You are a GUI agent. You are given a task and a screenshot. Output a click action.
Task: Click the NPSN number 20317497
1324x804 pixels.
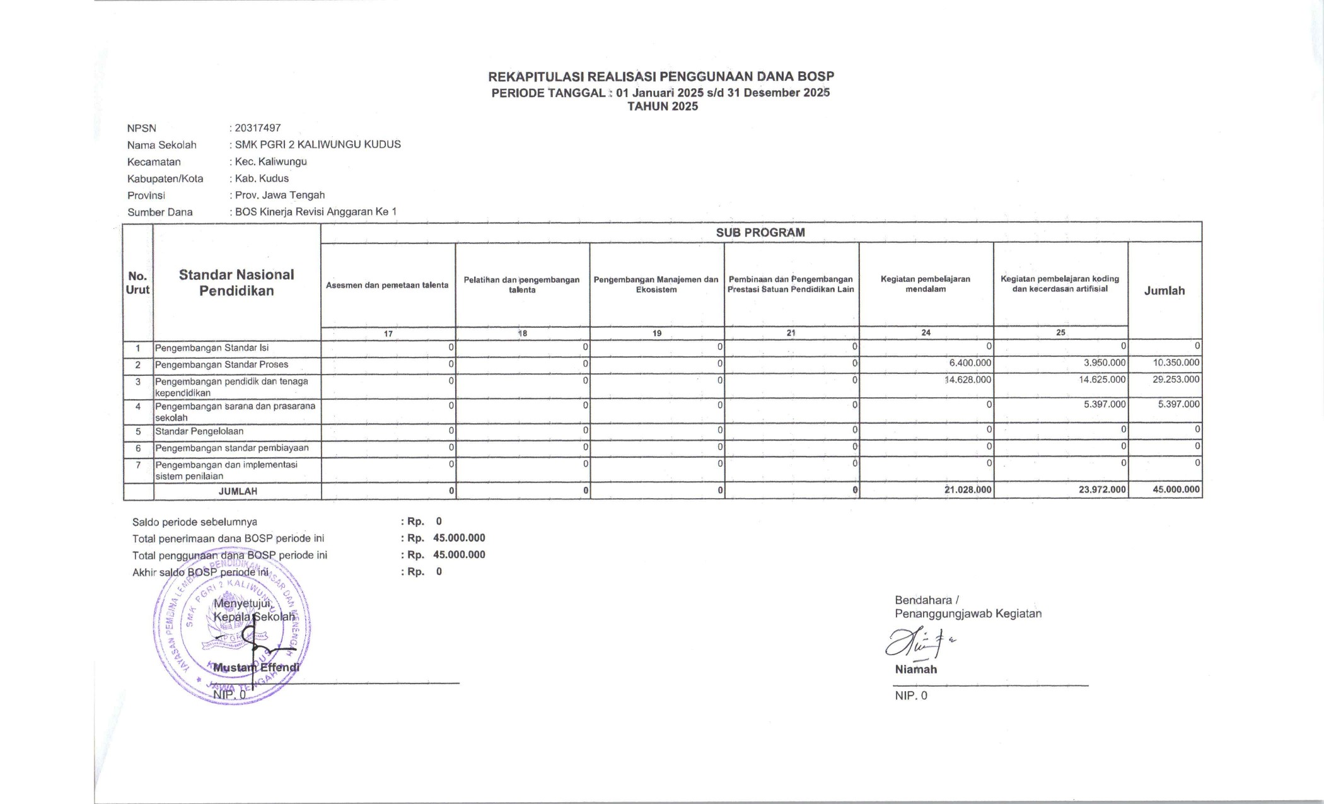pyautogui.click(x=257, y=128)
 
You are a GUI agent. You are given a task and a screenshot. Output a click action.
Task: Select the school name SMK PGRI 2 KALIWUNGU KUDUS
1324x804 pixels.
pyautogui.click(x=318, y=144)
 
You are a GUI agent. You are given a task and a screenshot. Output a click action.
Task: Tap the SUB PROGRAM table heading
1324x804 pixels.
pyautogui.click(x=760, y=232)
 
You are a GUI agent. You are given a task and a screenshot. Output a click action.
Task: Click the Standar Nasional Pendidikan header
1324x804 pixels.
pyautogui.click(x=236, y=283)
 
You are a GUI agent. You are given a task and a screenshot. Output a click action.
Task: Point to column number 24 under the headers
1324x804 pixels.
pyautogui.click(x=926, y=332)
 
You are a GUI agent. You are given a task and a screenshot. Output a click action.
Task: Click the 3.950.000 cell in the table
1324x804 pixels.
pyautogui.click(x=1104, y=363)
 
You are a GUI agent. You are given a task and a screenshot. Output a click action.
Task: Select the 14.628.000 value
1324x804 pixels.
pyautogui.click(x=968, y=380)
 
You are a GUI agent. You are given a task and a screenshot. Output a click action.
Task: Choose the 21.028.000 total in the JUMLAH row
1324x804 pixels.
pyautogui.click(x=968, y=489)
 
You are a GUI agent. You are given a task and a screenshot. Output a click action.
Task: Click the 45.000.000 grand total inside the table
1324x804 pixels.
pyautogui.click(x=1176, y=489)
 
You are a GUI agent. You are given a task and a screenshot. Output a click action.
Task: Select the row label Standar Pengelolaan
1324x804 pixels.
pyautogui.click(x=199, y=431)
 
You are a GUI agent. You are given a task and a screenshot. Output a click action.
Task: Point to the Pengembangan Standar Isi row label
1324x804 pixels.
pyautogui.click(x=212, y=347)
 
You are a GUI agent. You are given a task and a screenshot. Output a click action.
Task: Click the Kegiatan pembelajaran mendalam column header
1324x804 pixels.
pyautogui.click(x=926, y=284)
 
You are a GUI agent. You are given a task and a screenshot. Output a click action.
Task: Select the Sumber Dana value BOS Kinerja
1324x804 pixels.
pyautogui.click(x=316, y=212)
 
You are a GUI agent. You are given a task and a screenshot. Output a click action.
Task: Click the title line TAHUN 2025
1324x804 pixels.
pyautogui.click(x=663, y=107)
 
